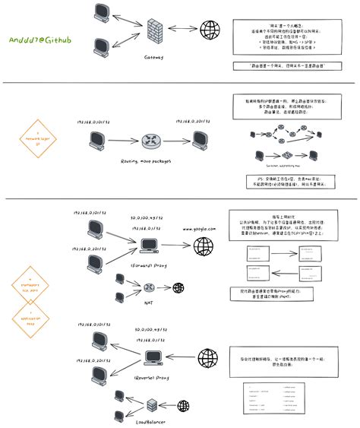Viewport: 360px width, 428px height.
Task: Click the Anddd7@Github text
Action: click(40, 38)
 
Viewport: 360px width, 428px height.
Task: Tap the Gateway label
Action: click(155, 56)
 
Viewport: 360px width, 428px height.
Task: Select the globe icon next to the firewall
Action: click(210, 30)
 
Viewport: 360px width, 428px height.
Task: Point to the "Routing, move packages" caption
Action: click(147, 161)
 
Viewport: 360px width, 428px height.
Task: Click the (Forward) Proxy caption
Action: click(148, 266)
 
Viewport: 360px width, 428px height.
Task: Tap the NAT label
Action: click(150, 301)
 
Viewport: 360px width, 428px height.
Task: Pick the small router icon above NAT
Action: click(150, 288)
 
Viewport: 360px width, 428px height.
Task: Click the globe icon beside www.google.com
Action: click(203, 246)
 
